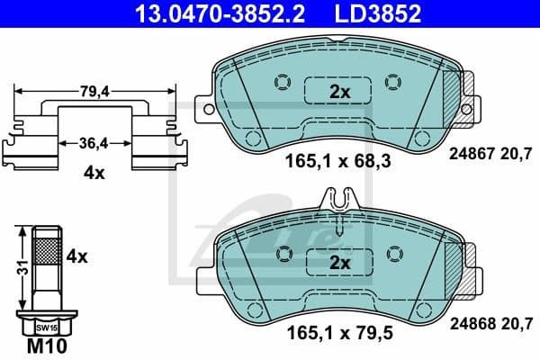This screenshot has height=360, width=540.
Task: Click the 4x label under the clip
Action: point(93,174)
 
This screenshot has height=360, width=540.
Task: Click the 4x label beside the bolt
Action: point(76,256)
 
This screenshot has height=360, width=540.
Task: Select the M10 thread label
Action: point(40,346)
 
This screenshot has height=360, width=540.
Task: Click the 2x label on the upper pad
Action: point(338,92)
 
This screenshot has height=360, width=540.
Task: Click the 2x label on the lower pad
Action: point(338,263)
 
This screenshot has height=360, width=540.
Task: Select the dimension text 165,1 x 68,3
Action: point(335,162)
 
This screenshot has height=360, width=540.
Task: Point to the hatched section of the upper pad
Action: point(458,90)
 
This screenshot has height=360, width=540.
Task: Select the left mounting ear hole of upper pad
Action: point(209,110)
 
